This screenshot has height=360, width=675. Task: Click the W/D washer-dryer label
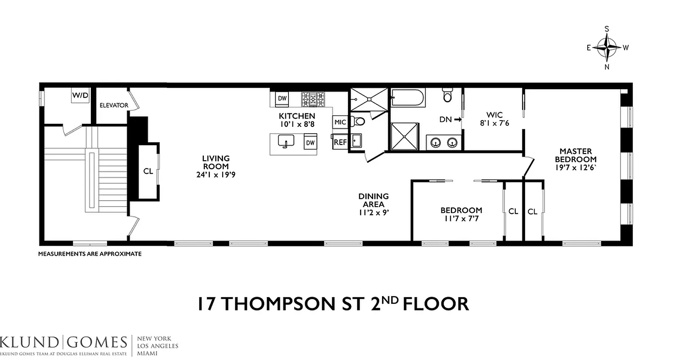click(x=80, y=95)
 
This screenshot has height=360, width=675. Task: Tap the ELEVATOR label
click(x=114, y=105)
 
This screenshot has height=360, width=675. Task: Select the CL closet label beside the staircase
click(x=148, y=171)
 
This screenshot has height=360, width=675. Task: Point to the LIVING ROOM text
click(x=216, y=162)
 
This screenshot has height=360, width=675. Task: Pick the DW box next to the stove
click(x=282, y=98)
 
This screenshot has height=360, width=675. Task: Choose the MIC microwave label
click(x=340, y=122)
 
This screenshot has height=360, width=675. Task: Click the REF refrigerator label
click(x=340, y=143)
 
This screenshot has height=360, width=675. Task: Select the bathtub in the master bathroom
click(x=407, y=97)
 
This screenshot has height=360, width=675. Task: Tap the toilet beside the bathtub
click(x=447, y=95)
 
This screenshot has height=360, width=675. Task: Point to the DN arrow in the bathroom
click(x=450, y=120)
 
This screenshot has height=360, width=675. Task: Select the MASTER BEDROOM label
click(x=576, y=155)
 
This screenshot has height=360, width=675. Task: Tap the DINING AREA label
click(x=373, y=200)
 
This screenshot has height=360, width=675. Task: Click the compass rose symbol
click(x=607, y=47)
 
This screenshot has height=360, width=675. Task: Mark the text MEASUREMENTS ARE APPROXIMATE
click(x=90, y=254)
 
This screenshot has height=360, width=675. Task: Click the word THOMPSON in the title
click(x=292, y=304)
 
